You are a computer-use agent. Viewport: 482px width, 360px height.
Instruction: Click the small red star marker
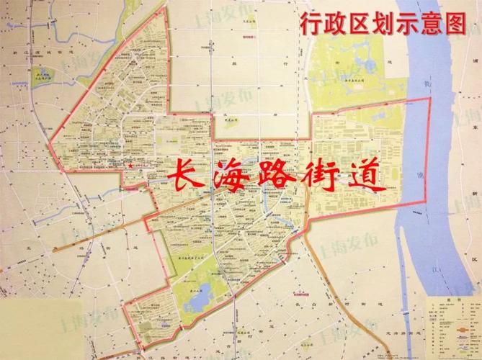[x=130, y=166]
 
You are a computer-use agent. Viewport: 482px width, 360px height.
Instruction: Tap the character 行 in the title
[x=312, y=24]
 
